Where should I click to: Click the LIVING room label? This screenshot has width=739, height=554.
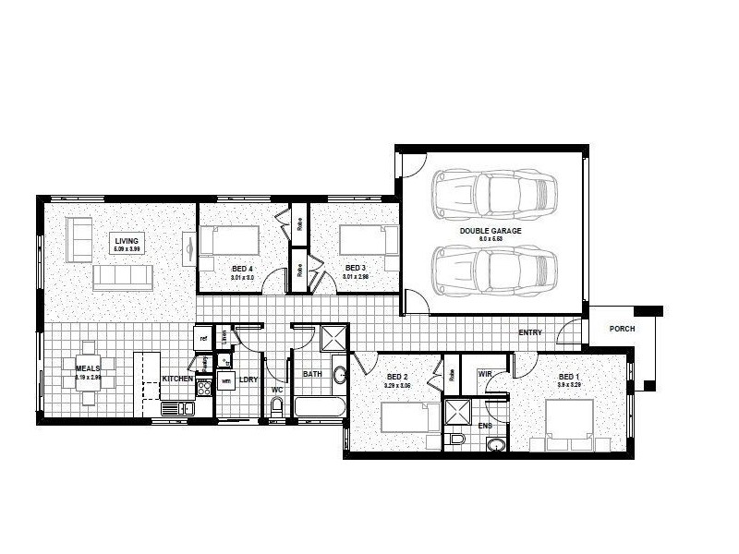[127, 241]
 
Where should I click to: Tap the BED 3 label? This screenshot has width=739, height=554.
[355, 269]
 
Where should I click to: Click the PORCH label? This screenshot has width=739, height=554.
[622, 330]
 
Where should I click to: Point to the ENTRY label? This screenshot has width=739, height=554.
[530, 332]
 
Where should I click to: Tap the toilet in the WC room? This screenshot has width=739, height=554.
[276, 406]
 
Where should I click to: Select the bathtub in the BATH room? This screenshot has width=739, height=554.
[319, 407]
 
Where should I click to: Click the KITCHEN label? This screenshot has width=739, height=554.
[177, 379]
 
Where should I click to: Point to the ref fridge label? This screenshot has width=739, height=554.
[202, 339]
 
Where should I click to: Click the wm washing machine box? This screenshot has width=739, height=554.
[225, 380]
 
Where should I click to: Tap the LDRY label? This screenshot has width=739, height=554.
[248, 379]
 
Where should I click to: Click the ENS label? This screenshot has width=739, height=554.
[486, 426]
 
